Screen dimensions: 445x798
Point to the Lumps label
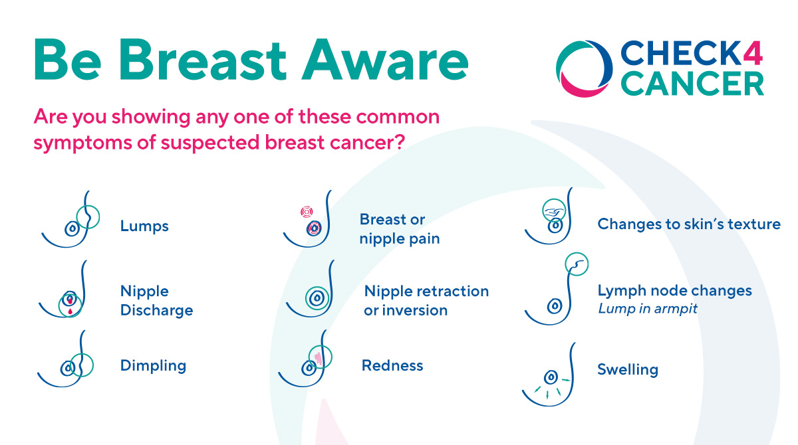144,226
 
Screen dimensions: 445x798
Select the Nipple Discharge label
156,301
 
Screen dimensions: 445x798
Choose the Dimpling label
153,365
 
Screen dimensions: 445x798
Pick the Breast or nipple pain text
399,229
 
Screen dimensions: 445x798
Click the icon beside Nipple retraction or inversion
317,299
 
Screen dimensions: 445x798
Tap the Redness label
392,365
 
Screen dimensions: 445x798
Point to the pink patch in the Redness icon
319,359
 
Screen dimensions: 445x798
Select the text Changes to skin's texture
689,224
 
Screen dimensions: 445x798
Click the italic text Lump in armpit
648,309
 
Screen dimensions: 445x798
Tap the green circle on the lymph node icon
577,264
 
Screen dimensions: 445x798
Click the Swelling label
627,369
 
